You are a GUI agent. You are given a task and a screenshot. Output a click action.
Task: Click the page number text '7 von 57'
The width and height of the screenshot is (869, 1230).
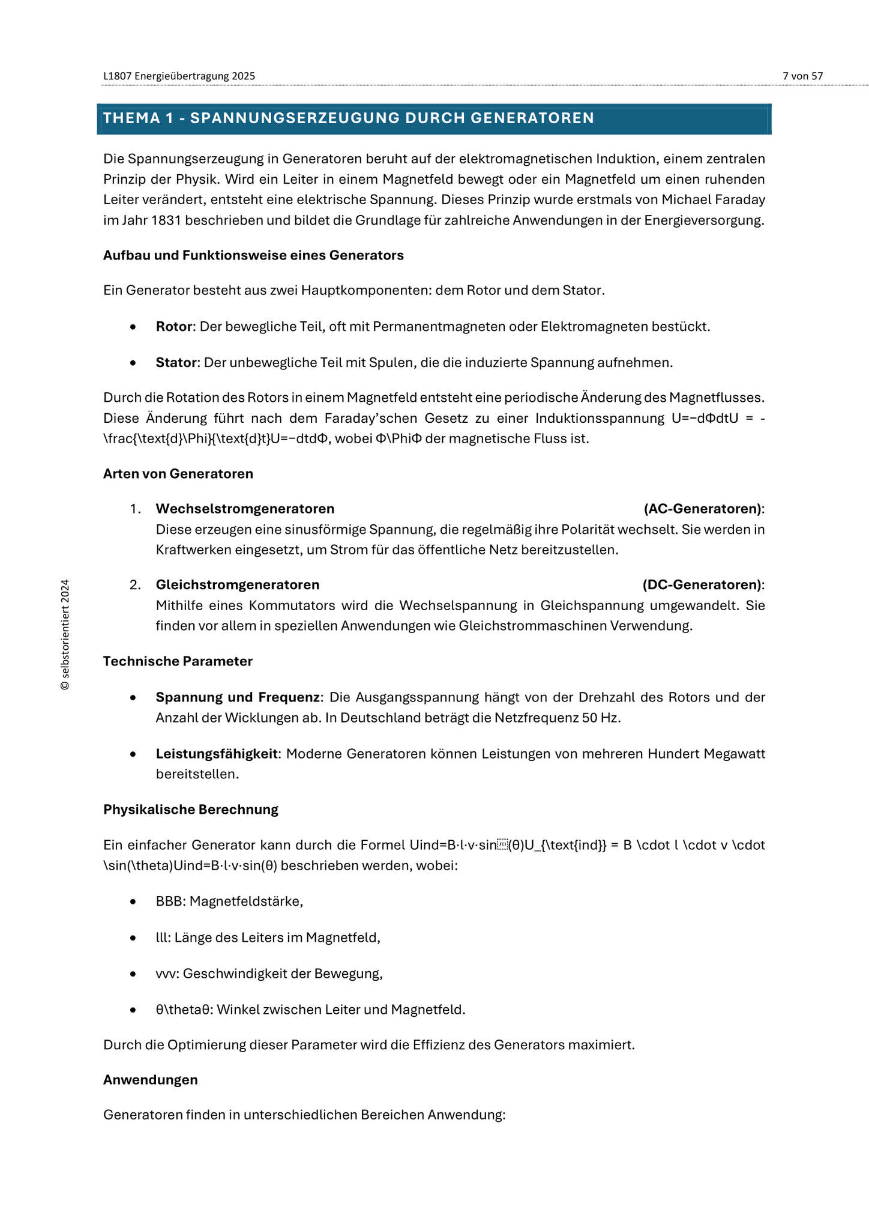(x=802, y=76)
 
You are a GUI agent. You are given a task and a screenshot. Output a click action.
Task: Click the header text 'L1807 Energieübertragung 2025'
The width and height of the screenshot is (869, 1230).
(x=179, y=76)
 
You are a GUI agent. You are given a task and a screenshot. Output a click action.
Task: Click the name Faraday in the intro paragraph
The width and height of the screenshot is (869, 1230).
(x=739, y=199)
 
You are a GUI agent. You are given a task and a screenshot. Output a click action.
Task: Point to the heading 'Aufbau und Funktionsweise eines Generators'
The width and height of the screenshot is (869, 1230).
(x=253, y=255)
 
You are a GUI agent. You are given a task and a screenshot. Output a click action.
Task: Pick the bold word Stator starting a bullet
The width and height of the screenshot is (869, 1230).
(x=176, y=363)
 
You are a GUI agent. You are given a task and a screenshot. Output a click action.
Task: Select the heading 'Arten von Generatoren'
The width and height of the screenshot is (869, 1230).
(x=178, y=474)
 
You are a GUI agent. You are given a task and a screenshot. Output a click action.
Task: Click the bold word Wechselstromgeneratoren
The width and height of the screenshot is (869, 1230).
(x=245, y=509)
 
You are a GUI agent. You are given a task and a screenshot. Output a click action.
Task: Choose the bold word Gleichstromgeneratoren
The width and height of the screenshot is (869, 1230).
(x=238, y=585)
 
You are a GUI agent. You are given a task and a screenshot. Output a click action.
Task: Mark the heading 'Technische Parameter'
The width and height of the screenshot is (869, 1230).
(x=178, y=661)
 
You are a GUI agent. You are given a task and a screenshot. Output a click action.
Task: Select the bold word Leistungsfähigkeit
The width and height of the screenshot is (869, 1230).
(x=218, y=754)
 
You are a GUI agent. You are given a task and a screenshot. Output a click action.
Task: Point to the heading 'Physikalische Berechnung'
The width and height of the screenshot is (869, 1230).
(x=191, y=810)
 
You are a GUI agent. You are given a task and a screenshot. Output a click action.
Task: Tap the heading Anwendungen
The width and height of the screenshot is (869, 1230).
(x=150, y=1080)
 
